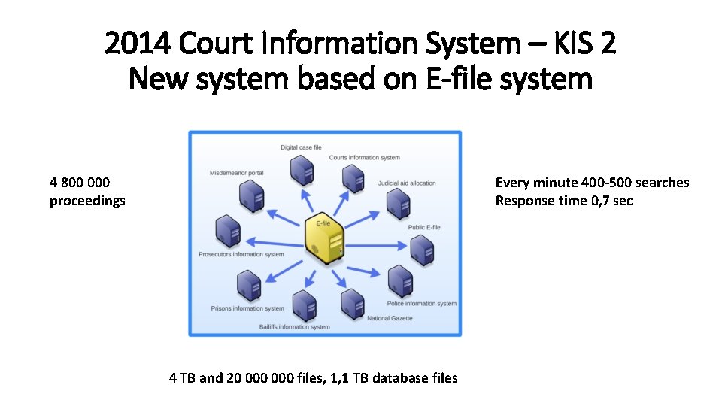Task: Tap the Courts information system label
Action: [x=364, y=158]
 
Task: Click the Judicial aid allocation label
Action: [x=407, y=183]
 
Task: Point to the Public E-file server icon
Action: [x=422, y=249]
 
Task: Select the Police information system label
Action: [x=421, y=304]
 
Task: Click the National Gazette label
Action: [x=390, y=318]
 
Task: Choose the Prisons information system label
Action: [x=247, y=308]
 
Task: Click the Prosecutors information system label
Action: [x=241, y=255]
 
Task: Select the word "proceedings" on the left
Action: [x=87, y=201]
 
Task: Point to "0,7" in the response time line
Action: [x=593, y=201]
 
